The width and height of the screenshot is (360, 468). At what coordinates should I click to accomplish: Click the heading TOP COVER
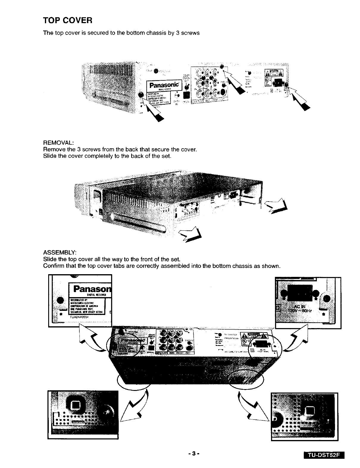pyautogui.click(x=68, y=21)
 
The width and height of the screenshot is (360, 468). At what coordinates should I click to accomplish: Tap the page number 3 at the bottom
pyautogui.click(x=193, y=454)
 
